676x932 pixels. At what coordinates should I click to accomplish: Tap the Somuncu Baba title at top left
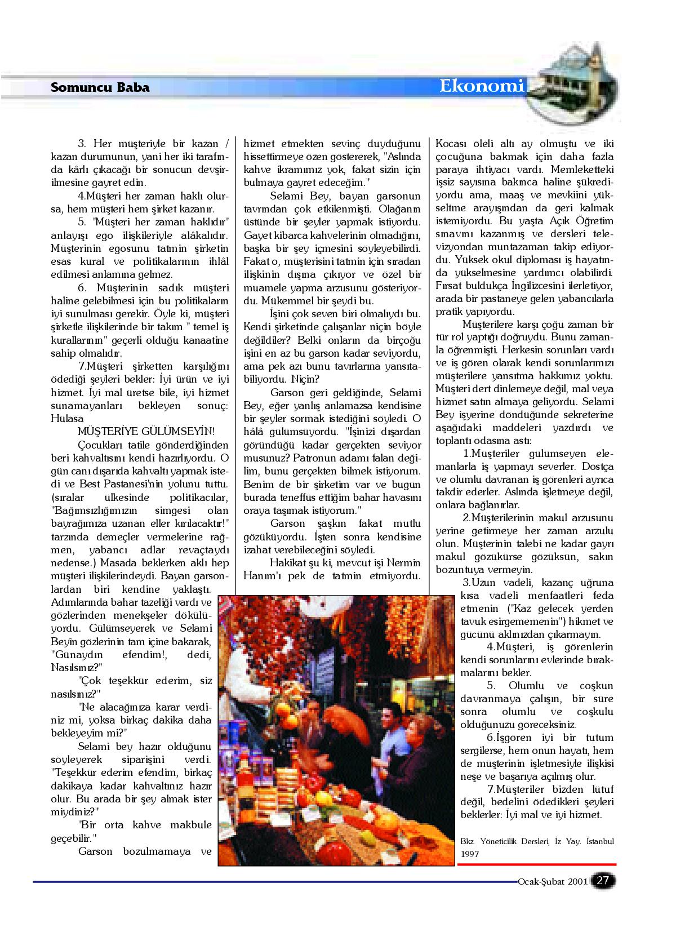pos(100,87)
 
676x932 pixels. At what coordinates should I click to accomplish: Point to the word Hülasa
pos(67,419)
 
